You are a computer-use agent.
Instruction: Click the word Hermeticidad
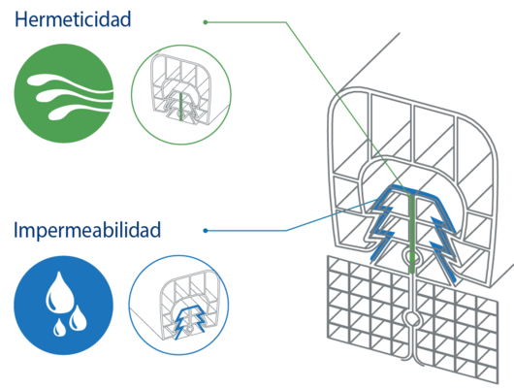click(x=73, y=19)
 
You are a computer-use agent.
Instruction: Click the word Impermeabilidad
click(x=87, y=230)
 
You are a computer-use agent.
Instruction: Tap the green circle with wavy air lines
click(x=64, y=93)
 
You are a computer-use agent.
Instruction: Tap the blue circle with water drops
click(x=64, y=305)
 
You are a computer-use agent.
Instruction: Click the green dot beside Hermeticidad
click(x=206, y=22)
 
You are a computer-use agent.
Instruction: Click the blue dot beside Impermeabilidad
click(x=206, y=231)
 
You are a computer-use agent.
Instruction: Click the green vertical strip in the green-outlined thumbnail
click(x=180, y=106)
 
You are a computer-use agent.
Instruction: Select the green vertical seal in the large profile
click(x=412, y=234)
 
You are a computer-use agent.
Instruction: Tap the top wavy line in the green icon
click(x=69, y=82)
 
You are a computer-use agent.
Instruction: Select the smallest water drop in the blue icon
click(x=59, y=327)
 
